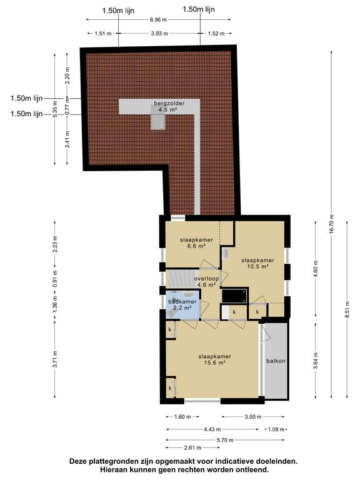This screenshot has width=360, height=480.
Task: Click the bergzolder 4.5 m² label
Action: (x=165, y=106)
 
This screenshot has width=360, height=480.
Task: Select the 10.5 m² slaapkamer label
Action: (x=257, y=263)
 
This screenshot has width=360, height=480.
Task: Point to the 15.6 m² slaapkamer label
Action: (x=214, y=359)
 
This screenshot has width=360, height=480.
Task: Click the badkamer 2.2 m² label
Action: (x=182, y=304)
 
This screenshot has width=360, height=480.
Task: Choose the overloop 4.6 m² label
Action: (x=207, y=282)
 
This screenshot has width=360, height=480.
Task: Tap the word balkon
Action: (x=276, y=361)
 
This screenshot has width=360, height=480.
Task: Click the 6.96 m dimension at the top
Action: (x=158, y=19)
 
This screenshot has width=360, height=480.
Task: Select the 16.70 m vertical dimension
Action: (x=331, y=224)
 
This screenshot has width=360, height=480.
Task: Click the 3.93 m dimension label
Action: (x=159, y=33)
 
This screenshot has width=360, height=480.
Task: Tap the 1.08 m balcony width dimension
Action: (x=276, y=429)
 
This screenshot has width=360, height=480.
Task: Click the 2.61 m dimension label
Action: (x=192, y=448)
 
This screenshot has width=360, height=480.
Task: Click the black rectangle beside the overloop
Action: (x=234, y=296)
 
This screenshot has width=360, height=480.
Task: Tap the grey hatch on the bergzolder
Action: (x=158, y=117)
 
